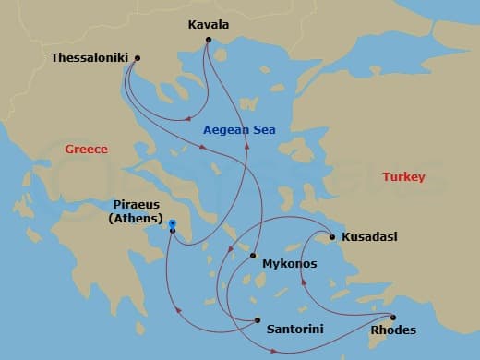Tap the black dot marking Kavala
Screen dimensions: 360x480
[x=210, y=40]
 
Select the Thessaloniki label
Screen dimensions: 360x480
[x=90, y=57]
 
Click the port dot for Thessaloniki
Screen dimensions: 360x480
[x=137, y=58]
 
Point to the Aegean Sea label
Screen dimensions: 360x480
[x=239, y=130]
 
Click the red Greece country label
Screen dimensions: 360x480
[x=86, y=149]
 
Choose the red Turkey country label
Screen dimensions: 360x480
[x=403, y=176]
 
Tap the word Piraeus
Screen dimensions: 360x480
[x=135, y=205]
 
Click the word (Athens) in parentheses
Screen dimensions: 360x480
[x=136, y=219]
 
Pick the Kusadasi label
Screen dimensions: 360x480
[x=369, y=237]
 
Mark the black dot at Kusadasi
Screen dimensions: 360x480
[x=331, y=237]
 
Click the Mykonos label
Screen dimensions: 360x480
[x=290, y=264]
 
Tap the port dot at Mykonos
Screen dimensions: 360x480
[x=252, y=256]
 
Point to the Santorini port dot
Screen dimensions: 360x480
[x=257, y=320]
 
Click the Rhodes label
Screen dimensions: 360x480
[x=392, y=330]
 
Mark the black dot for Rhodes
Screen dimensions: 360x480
[x=393, y=317]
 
